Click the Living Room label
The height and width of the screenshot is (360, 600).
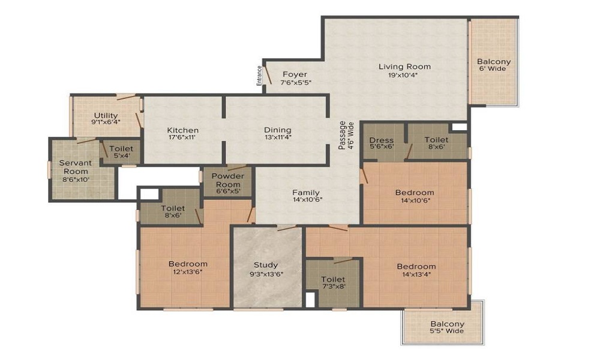point(404,67)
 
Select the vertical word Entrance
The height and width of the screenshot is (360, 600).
point(259,76)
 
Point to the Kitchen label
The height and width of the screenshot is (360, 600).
point(182,130)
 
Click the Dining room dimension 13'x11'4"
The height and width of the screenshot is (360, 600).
point(277,137)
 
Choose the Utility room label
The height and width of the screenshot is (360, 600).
point(106,116)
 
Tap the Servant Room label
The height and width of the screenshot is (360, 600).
point(74,167)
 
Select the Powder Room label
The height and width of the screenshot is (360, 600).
point(227,180)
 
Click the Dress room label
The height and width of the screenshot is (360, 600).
point(382,140)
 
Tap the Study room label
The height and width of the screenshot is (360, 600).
point(265,265)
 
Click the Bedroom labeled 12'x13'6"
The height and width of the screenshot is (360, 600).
point(188,264)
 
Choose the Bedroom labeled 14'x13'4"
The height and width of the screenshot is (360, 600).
point(416,266)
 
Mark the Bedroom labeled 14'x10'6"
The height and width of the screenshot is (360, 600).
point(414,193)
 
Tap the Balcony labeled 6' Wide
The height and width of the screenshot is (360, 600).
point(493,61)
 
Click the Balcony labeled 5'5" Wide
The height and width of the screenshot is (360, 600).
point(447,324)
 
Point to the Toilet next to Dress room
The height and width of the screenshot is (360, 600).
point(436,140)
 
